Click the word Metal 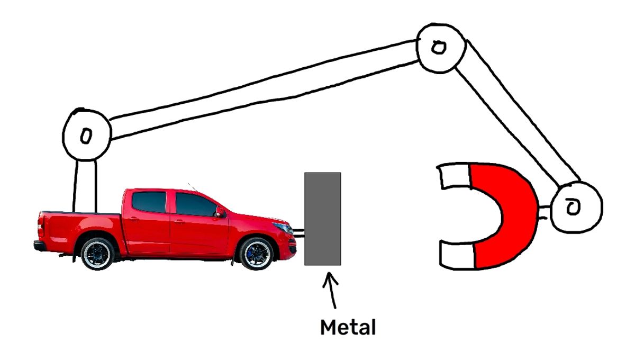348,327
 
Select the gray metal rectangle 322,219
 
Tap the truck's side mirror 220,213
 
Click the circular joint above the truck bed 87,135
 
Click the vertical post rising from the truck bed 85,185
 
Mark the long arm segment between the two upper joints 265,90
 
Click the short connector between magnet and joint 544,213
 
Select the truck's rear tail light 41,226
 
